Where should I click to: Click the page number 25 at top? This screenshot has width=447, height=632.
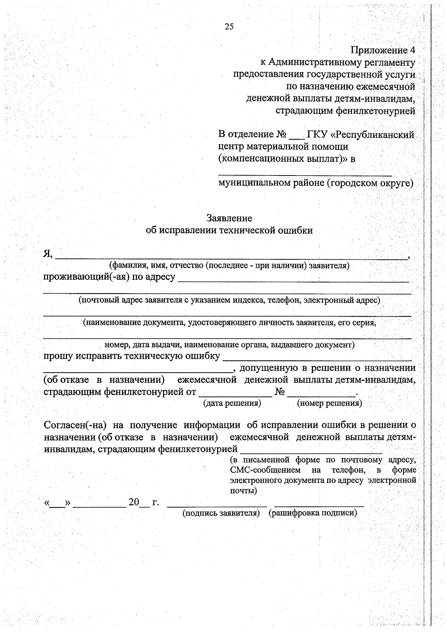pyautogui.click(x=229, y=26)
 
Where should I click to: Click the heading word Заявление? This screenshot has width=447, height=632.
pyautogui.click(x=229, y=218)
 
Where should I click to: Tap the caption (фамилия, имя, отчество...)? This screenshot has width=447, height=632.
pyautogui.click(x=229, y=266)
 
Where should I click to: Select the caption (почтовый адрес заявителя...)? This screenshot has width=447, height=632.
pyautogui.click(x=229, y=300)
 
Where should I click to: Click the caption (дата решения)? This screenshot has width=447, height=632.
pyautogui.click(x=232, y=403)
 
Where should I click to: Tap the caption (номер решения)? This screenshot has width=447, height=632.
pyautogui.click(x=329, y=403)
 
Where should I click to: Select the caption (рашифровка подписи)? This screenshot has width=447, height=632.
pyautogui.click(x=313, y=513)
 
